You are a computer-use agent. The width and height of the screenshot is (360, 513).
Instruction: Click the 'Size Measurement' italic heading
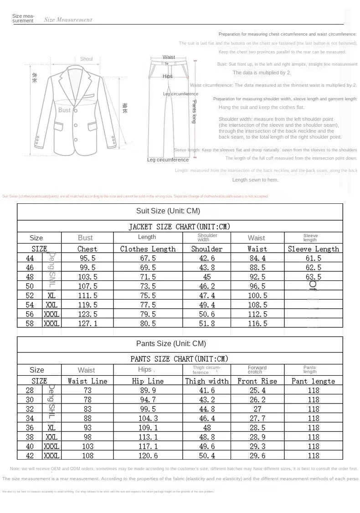(x=68, y=20)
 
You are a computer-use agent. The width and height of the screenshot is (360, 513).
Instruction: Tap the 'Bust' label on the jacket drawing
(x=64, y=110)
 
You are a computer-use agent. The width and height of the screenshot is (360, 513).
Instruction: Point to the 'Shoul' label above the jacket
(x=86, y=59)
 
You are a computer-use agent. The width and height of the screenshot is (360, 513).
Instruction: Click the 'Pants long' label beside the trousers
(x=194, y=112)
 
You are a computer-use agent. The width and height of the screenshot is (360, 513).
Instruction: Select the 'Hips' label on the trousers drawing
(x=168, y=76)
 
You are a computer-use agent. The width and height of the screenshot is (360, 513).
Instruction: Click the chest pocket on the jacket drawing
(x=89, y=96)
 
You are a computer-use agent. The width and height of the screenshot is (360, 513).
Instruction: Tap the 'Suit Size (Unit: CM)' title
(x=168, y=211)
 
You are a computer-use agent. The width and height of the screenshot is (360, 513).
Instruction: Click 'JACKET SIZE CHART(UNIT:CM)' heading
(x=180, y=227)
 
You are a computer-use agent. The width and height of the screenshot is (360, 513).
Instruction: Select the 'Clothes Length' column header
(x=148, y=249)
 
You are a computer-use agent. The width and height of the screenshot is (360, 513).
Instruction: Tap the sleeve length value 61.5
(x=313, y=258)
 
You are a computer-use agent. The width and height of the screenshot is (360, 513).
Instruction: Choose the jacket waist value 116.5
(x=257, y=323)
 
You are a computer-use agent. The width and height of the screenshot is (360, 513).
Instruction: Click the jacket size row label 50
(x=30, y=286)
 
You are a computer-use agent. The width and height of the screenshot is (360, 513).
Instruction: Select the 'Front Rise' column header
(x=257, y=381)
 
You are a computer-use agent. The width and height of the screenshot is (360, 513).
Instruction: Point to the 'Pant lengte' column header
(x=313, y=381)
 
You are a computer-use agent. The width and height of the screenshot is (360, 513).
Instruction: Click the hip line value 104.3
(x=144, y=418)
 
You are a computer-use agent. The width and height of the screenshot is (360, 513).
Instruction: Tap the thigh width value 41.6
(x=206, y=390)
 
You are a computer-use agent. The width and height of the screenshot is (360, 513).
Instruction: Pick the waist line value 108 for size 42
(x=87, y=456)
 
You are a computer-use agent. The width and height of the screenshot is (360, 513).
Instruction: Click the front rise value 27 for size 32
(x=257, y=409)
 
